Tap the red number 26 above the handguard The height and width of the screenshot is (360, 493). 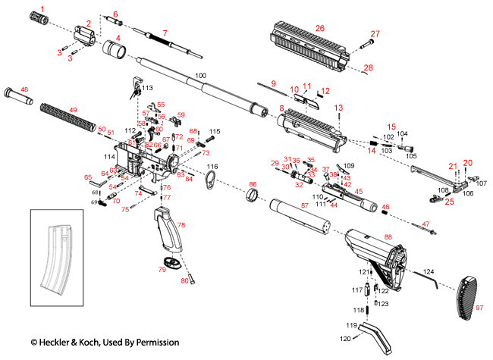(x=319, y=28)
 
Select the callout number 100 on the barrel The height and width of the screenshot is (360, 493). (x=200, y=76)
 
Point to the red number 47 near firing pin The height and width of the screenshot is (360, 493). (x=425, y=224)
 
